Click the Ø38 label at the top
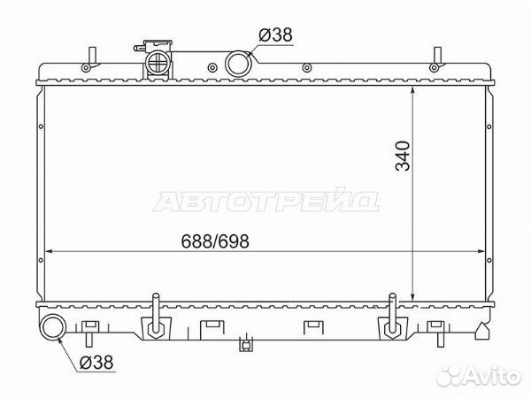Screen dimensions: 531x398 275,35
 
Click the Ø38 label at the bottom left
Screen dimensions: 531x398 96,363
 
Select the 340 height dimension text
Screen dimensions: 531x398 403,156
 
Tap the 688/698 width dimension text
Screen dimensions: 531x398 215,241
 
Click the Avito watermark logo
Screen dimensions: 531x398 478,375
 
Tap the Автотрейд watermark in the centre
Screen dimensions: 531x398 265,201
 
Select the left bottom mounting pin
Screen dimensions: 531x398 156,314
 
